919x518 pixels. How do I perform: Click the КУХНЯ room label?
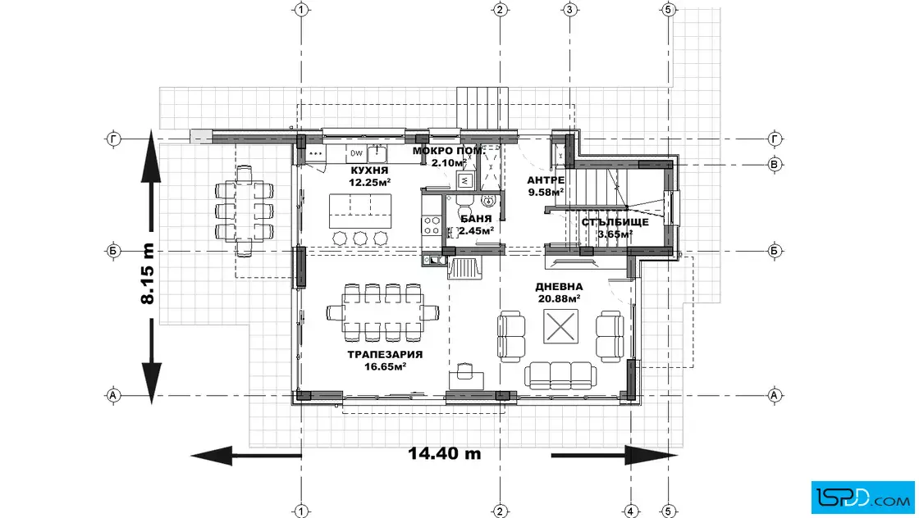(369, 170)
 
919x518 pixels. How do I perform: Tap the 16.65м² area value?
(386, 367)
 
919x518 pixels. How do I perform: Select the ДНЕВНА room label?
(559, 287)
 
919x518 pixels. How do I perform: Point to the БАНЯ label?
(476, 219)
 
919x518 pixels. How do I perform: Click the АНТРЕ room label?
(546, 180)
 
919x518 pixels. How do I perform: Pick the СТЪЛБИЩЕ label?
(615, 222)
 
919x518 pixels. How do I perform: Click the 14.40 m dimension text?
(444, 453)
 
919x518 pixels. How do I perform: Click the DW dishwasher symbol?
(356, 153)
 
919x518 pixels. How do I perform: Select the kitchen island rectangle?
(360, 211)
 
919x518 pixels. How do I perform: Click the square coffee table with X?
(561, 326)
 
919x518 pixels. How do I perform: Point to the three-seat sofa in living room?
(560, 375)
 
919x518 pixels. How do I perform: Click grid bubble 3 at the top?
(569, 9)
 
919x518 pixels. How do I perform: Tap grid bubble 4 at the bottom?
(630, 511)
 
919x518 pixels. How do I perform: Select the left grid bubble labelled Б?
(113, 251)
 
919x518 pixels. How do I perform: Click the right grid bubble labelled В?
(775, 165)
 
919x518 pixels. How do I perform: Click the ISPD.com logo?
(862, 498)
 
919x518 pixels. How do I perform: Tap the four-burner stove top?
(432, 225)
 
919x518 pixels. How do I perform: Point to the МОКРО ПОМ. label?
(448, 151)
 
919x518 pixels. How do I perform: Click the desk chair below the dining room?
(464, 370)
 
